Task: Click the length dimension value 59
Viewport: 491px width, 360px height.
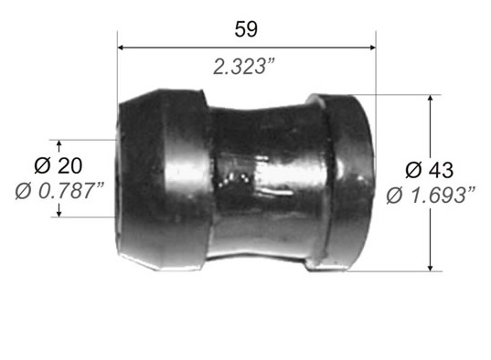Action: pos(246,29)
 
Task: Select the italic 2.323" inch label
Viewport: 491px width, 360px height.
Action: pos(244,67)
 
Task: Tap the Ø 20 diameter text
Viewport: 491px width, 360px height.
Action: pos(59,166)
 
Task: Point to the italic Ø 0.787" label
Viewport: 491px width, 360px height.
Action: pos(59,191)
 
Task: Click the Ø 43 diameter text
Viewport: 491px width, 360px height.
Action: pos(430,170)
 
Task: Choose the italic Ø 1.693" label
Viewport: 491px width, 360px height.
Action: pos(431,196)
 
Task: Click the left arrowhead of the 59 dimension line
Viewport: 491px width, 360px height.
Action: pos(121,48)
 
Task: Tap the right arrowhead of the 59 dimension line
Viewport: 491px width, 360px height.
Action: pos(372,48)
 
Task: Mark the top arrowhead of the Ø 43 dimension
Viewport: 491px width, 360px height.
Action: pos(431,98)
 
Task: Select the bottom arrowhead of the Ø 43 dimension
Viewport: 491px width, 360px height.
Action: pos(431,268)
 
